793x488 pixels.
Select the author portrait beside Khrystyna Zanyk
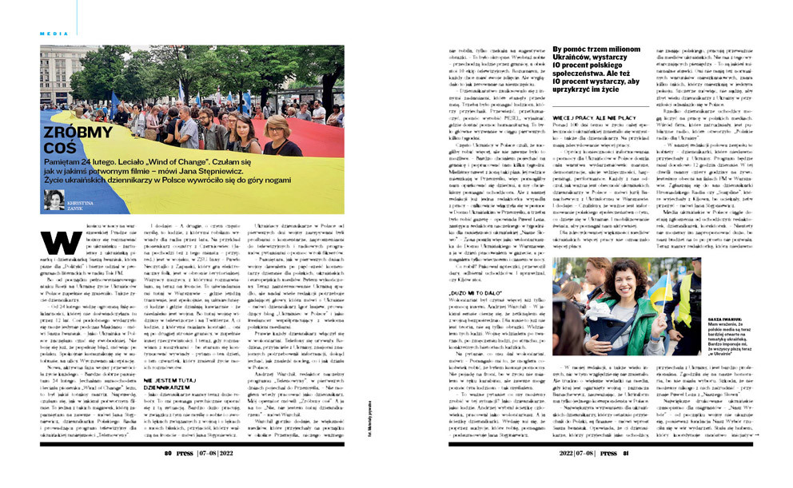(x=55, y=199)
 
